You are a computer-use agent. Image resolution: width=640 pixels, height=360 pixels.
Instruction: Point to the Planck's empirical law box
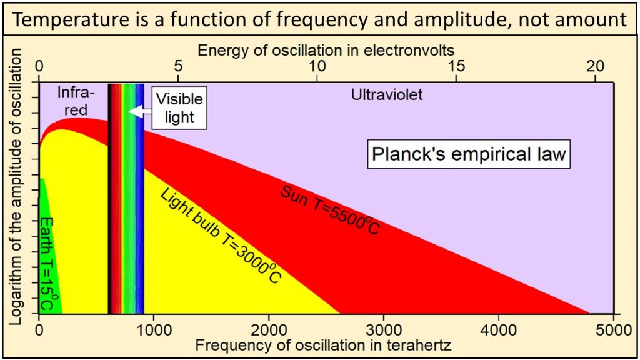coord(468,154)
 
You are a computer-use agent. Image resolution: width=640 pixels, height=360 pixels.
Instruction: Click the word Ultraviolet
coord(387,96)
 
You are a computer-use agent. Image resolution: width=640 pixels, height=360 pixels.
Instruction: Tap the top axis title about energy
coord(326,49)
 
